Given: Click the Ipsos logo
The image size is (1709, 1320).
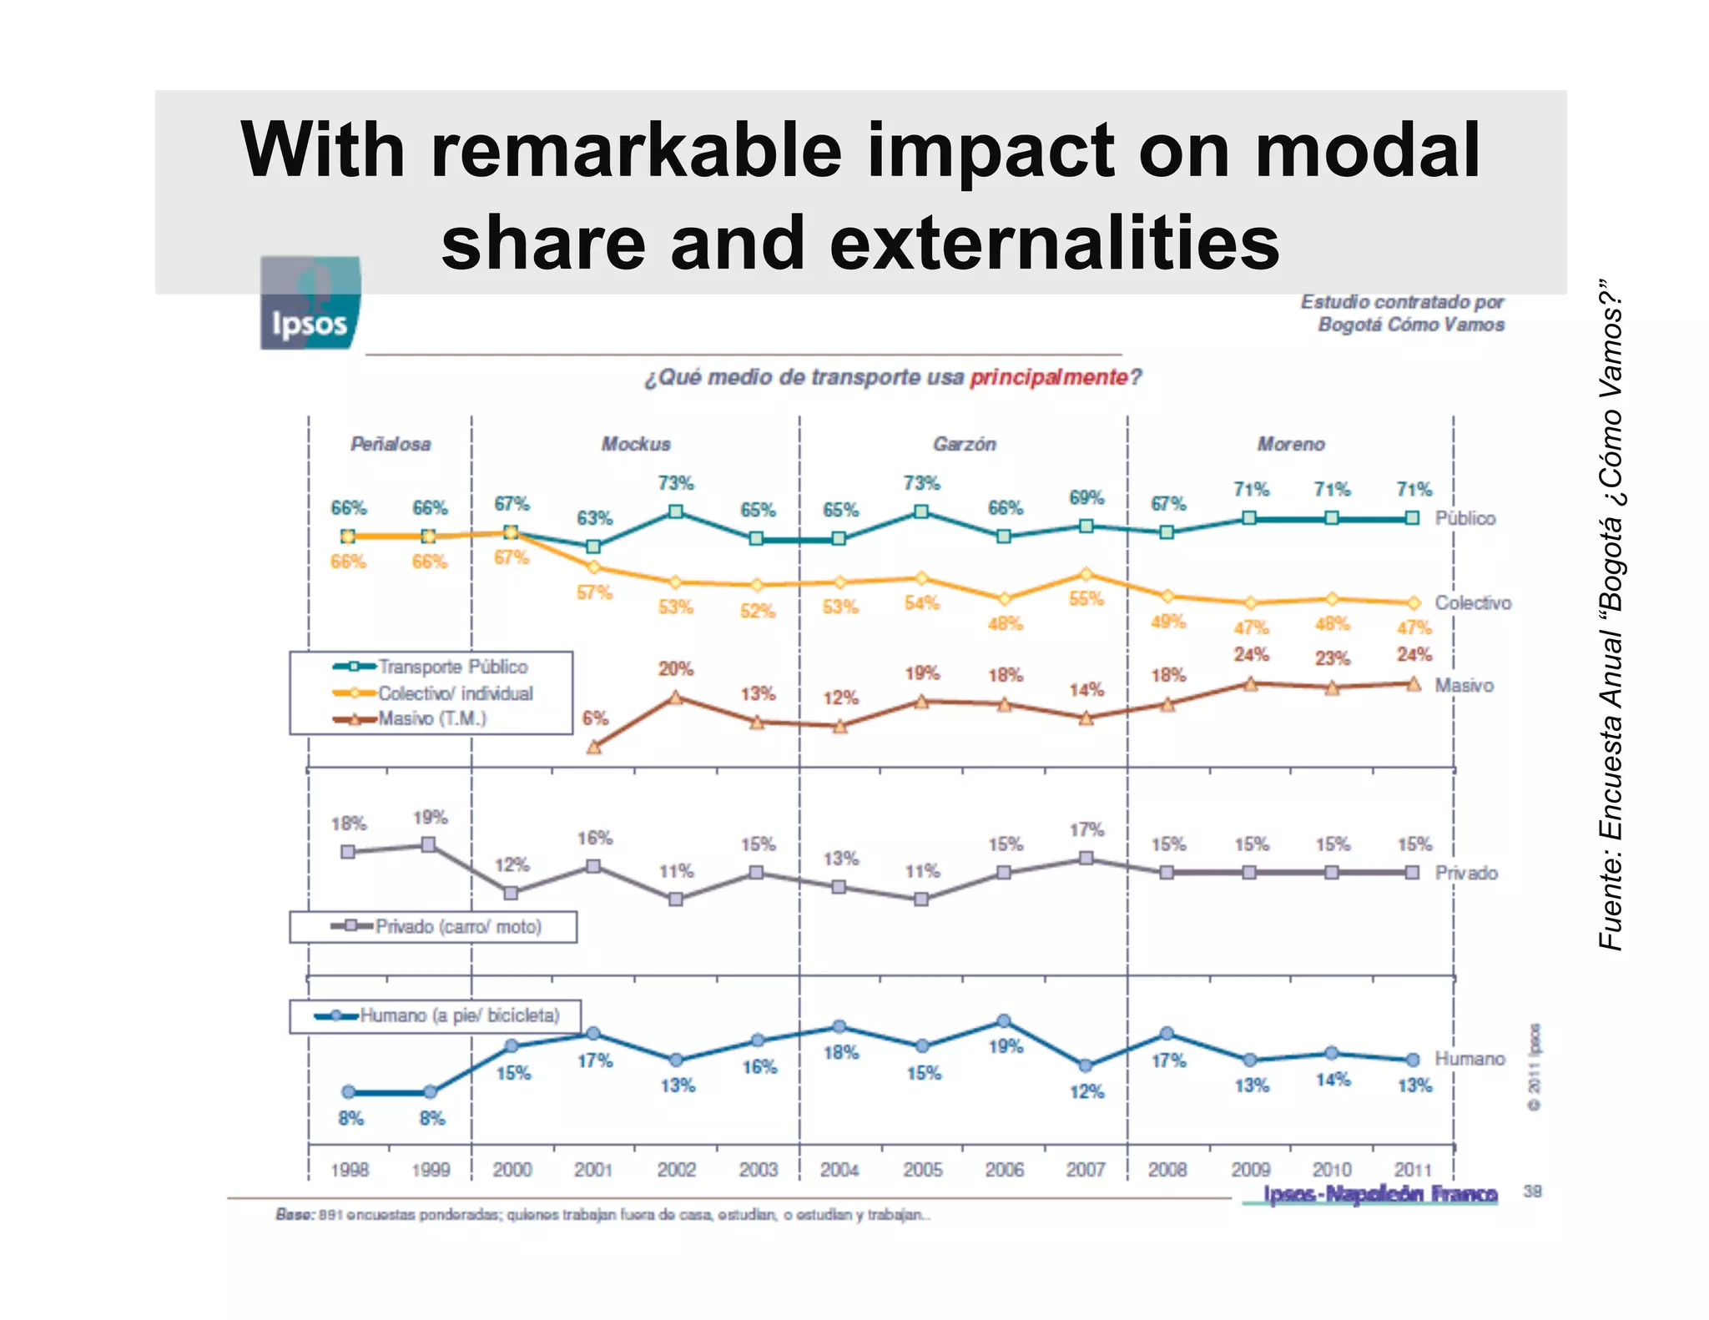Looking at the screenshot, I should (x=310, y=303).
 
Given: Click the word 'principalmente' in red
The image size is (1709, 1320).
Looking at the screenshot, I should (x=1048, y=377).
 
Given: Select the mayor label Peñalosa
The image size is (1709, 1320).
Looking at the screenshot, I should (x=391, y=444).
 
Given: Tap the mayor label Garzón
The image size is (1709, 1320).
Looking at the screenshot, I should (x=964, y=444).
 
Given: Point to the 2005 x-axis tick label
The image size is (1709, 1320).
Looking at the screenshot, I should (x=922, y=1170).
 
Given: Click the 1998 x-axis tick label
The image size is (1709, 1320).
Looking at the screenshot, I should (x=350, y=1170).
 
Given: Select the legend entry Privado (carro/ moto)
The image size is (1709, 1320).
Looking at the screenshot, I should (x=457, y=926).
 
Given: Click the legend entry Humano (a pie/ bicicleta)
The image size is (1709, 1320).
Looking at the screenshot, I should (x=459, y=1015).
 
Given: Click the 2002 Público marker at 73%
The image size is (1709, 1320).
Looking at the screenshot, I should (x=676, y=511).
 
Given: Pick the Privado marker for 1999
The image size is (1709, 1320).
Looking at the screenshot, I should (x=428, y=844).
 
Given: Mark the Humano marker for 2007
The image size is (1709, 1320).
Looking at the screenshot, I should (x=1086, y=1066).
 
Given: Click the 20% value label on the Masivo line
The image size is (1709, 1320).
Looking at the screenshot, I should (x=676, y=668).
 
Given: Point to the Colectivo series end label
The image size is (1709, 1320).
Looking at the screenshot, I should (x=1472, y=602).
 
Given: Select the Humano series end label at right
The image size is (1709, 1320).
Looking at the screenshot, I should (x=1470, y=1058).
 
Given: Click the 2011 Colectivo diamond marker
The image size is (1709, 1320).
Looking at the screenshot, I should (x=1413, y=602).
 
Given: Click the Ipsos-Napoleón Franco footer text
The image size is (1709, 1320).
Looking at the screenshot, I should (x=1380, y=1194).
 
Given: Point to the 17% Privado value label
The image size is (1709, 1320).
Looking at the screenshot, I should (x=1086, y=829).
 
